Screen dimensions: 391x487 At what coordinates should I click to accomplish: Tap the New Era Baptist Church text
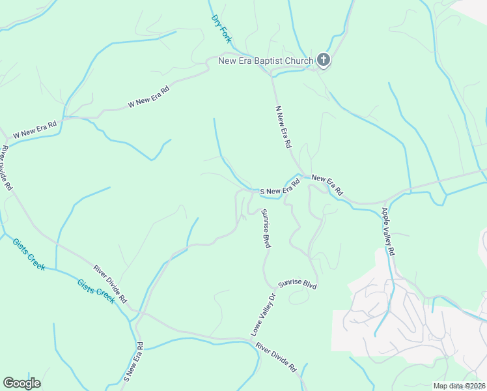click(x=266, y=61)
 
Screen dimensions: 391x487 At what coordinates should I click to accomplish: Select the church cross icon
click(x=324, y=61)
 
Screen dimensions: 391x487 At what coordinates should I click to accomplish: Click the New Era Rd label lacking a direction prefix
click(x=327, y=186)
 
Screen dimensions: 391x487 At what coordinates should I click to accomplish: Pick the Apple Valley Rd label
click(x=388, y=231)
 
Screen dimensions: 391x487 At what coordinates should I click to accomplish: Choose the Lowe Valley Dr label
click(x=264, y=315)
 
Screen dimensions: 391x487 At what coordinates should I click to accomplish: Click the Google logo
click(x=21, y=383)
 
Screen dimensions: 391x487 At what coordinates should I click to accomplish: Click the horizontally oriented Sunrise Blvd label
click(x=297, y=284)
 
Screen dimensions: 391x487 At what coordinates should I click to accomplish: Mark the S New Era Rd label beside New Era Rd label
click(x=279, y=188)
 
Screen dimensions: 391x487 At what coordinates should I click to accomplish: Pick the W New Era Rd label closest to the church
click(x=148, y=96)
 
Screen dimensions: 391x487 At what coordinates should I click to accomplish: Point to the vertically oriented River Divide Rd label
click(x=7, y=167)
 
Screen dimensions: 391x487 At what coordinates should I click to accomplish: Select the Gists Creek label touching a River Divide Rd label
click(x=96, y=291)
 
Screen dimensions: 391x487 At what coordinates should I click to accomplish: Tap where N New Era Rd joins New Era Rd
click(x=301, y=174)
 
